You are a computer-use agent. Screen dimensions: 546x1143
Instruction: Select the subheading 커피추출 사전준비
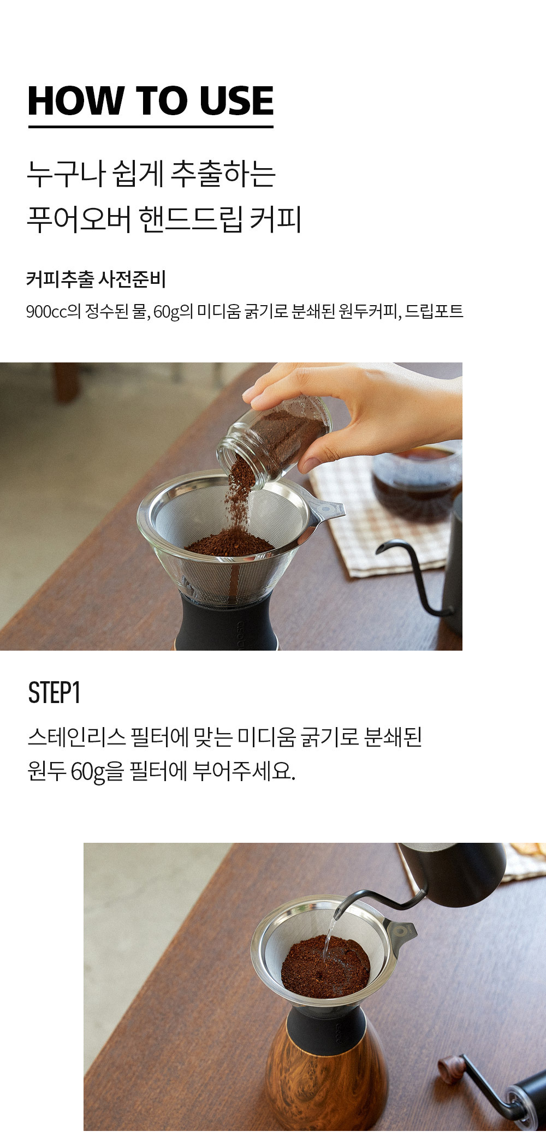click(96, 279)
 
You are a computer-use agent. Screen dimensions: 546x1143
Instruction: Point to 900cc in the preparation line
click(47, 311)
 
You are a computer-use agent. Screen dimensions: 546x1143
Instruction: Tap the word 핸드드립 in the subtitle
click(190, 219)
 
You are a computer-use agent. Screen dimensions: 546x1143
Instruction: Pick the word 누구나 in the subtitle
click(66, 174)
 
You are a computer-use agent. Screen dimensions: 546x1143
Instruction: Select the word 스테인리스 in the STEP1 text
click(76, 737)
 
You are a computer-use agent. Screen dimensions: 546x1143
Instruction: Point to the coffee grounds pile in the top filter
click(229, 544)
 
